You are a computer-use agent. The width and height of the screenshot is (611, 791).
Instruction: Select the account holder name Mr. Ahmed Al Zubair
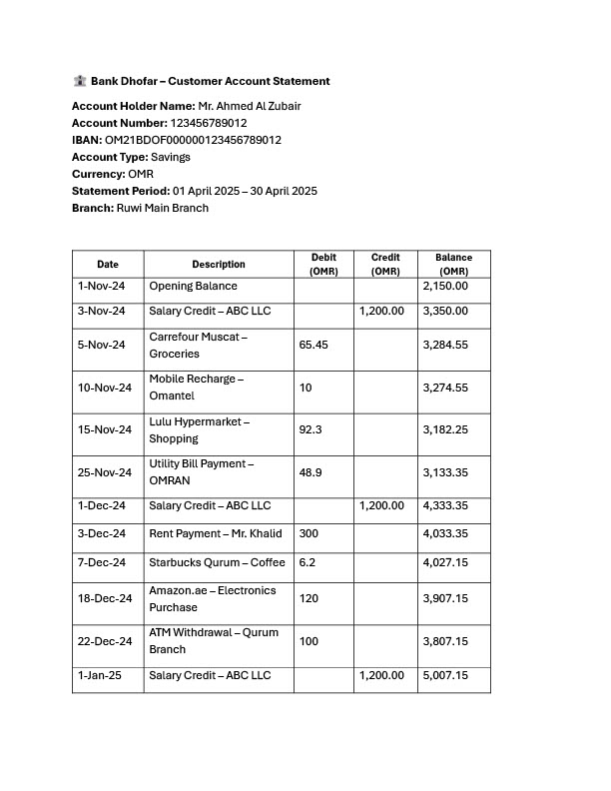pos(250,106)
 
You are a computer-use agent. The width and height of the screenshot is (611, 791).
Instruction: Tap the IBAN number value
pos(193,140)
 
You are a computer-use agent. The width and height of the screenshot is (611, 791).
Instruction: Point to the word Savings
pos(171,157)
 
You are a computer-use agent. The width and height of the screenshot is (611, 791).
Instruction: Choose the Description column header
pos(219,265)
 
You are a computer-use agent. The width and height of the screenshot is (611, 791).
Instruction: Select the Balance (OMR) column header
pos(453,265)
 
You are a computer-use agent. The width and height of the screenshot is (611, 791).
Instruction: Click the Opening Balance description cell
pos(194,287)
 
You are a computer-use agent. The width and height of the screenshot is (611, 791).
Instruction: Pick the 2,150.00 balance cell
pos(445,287)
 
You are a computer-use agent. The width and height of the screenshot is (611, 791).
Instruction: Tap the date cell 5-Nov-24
pos(102,345)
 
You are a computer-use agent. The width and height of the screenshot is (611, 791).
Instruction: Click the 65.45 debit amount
pos(313,345)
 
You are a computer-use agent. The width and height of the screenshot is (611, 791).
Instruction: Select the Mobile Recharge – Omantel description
pos(197,388)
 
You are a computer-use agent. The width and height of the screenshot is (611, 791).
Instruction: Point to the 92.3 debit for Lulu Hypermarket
pos(309,429)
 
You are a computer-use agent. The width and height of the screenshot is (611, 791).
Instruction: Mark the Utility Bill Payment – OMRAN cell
pos(202,471)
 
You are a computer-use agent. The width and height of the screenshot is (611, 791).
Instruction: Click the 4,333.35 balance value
pos(445,506)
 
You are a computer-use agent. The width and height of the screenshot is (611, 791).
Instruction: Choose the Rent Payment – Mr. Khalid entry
pos(216,533)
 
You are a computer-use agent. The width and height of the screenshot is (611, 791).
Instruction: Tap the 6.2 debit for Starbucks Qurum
pos(306,563)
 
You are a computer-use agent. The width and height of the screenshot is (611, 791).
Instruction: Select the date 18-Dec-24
pos(105,598)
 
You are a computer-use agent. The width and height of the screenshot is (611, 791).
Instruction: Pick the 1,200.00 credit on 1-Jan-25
pos(381,676)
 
